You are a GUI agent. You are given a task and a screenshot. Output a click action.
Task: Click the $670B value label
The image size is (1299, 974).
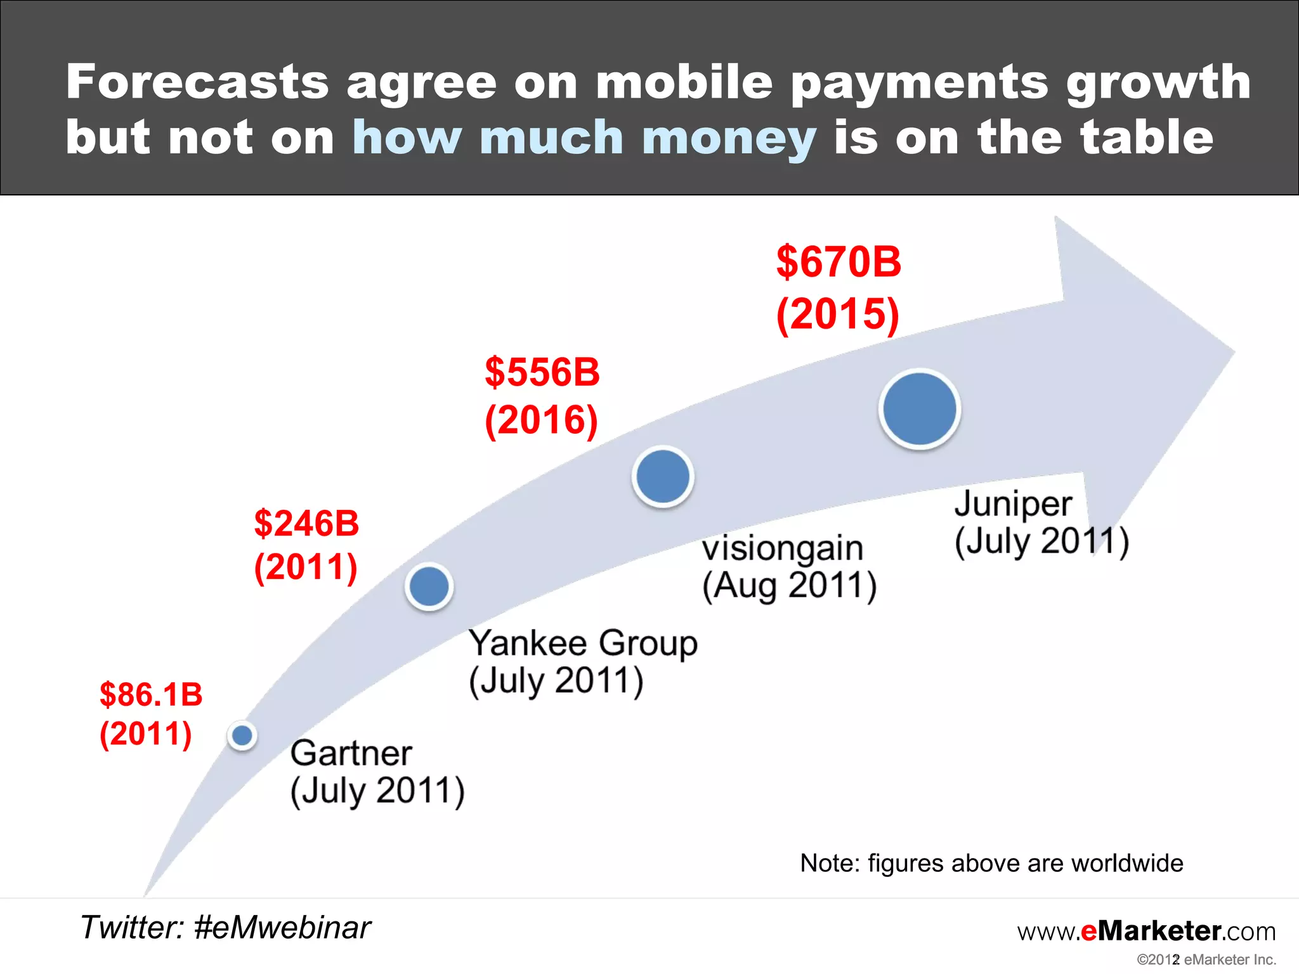coord(838,262)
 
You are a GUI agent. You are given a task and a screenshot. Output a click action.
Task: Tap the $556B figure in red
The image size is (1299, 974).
coord(542,372)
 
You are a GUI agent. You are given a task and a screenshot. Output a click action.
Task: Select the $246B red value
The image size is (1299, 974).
coord(306,524)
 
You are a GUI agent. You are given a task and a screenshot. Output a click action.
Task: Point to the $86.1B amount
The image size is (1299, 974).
coord(151,694)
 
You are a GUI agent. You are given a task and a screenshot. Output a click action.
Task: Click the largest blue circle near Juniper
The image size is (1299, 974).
coord(919,409)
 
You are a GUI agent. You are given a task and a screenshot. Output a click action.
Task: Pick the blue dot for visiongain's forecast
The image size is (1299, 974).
coord(663,476)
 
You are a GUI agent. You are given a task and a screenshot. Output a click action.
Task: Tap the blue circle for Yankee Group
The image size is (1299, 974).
coord(429,587)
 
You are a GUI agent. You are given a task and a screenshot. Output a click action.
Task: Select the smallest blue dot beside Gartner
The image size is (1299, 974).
coord(242,736)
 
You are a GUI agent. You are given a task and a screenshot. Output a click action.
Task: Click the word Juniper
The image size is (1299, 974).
coord(1013,505)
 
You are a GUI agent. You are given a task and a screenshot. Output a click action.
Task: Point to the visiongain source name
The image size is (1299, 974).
coord(783,548)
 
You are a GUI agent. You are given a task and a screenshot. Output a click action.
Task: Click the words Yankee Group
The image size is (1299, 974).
coord(583,643)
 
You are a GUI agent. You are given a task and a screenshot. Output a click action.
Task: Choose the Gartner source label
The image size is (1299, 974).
coord(351,753)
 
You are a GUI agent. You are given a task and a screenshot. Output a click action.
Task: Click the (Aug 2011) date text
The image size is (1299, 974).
coord(789,585)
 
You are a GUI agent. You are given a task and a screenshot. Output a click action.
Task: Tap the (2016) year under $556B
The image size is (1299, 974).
coord(541,420)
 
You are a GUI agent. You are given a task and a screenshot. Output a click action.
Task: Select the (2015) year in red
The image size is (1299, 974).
coord(838,314)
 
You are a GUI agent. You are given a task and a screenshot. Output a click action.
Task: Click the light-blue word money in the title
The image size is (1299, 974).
coord(729,138)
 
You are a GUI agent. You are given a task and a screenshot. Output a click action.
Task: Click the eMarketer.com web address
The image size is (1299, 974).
coord(1146,931)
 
